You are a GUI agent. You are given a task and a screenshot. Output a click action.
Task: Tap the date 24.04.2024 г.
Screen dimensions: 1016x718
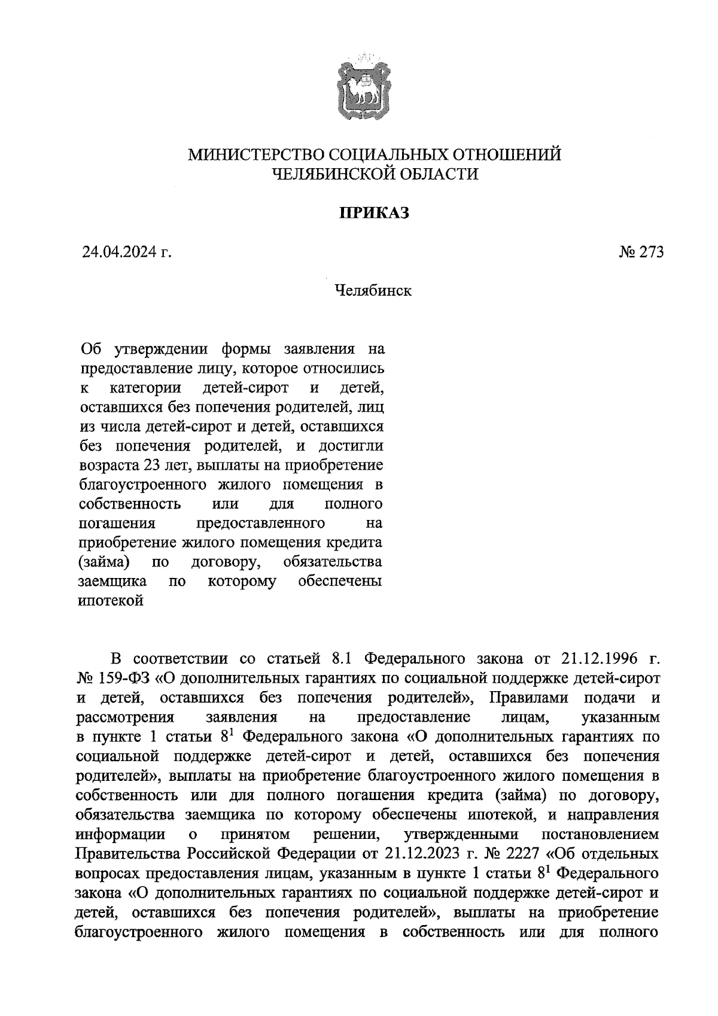tap(127, 253)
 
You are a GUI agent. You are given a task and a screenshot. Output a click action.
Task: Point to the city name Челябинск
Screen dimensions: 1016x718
tap(373, 291)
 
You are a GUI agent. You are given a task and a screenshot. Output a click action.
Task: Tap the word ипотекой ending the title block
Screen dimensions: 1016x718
tap(111, 600)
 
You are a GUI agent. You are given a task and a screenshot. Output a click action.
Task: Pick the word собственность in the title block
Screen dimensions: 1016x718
tap(129, 504)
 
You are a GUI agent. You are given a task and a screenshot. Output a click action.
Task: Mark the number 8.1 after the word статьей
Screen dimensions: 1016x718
tap(344, 659)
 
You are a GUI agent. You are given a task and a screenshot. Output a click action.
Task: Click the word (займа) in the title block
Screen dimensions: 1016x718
tap(105, 562)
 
